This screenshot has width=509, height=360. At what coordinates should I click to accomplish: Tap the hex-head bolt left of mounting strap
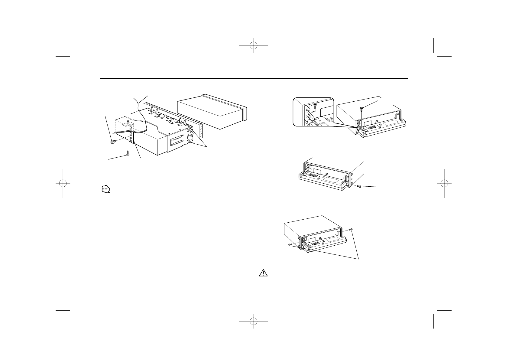(113, 142)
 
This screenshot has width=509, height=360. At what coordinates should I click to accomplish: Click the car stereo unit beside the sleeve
(212, 112)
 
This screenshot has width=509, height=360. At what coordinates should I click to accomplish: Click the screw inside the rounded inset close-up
(315, 106)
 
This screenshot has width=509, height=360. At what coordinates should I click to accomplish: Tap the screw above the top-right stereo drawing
(361, 109)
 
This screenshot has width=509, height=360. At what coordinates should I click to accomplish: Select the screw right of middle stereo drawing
(359, 187)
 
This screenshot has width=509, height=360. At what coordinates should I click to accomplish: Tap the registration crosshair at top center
(254, 46)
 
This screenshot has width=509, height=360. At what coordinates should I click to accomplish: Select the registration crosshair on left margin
(63, 183)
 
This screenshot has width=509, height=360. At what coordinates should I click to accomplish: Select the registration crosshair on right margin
(445, 183)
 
